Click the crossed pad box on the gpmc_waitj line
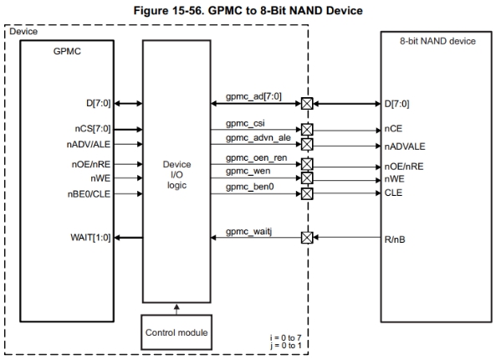tap(306, 238)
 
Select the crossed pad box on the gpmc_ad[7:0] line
tap(306, 105)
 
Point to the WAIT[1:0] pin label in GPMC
tap(89, 239)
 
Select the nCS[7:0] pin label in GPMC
tap(92, 130)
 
